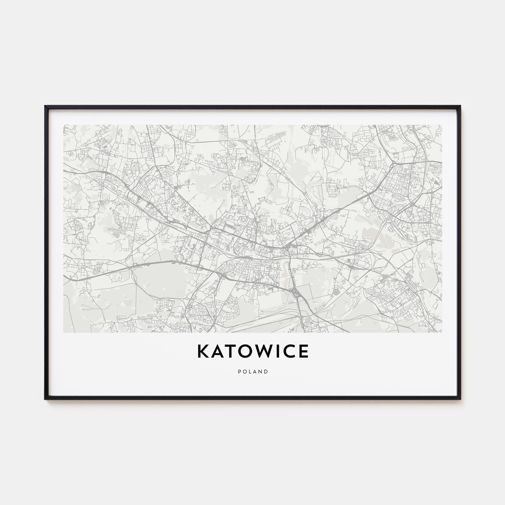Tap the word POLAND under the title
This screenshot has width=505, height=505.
click(253, 372)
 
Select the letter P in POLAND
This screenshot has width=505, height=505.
click(239, 372)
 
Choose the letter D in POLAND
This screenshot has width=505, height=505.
click(266, 372)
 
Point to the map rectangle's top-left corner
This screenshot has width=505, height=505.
click(64, 125)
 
